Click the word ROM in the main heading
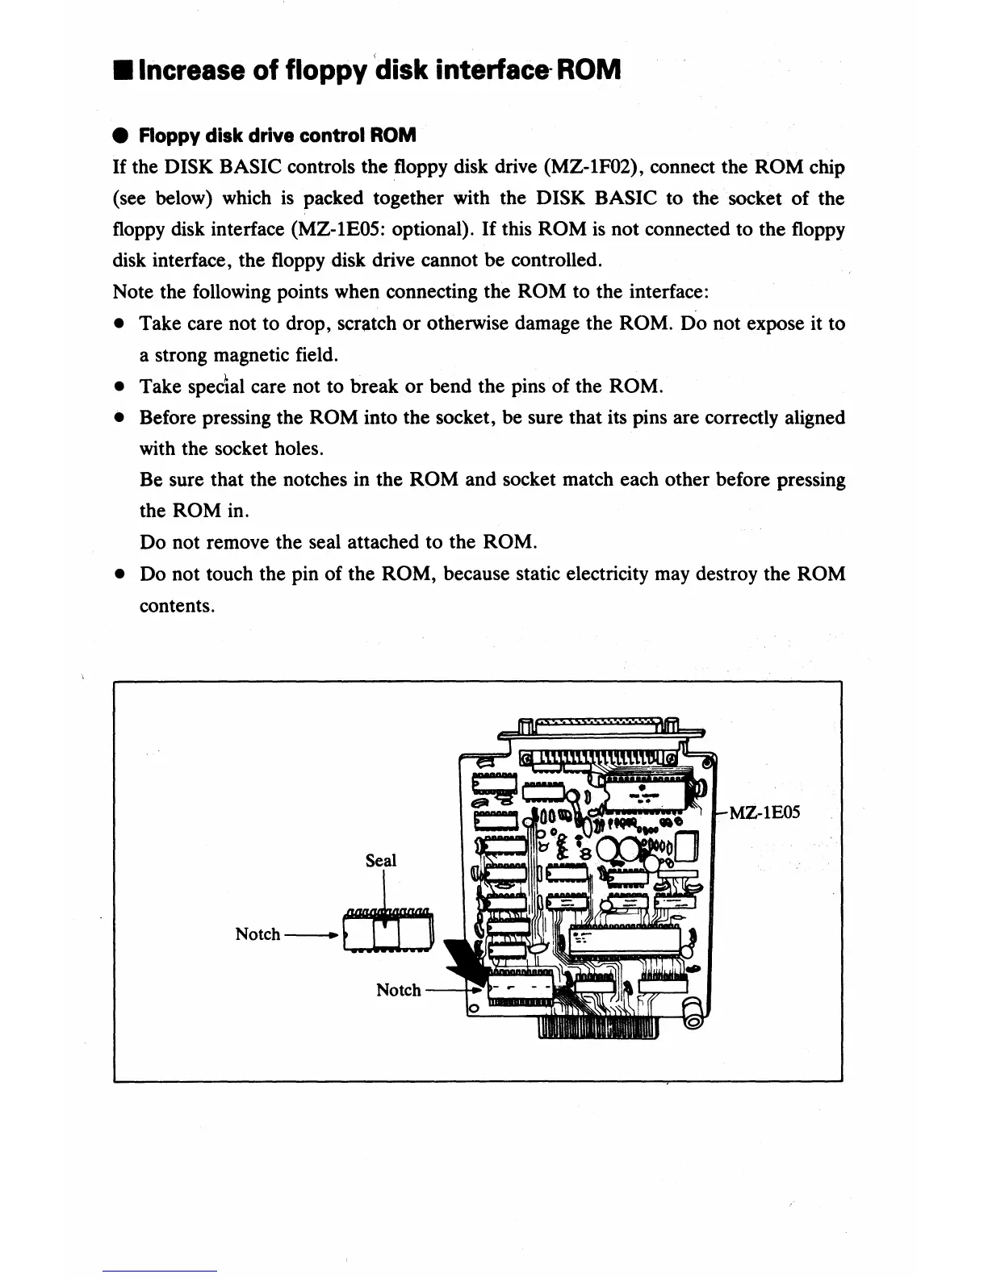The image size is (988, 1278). click(x=588, y=70)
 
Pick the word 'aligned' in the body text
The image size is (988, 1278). click(x=814, y=418)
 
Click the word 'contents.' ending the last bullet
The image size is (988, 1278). click(x=177, y=606)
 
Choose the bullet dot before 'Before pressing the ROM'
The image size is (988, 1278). click(x=119, y=418)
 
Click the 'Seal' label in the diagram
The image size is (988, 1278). click(x=381, y=860)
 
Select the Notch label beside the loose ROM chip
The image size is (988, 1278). click(x=257, y=934)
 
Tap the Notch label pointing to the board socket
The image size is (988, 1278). click(x=399, y=990)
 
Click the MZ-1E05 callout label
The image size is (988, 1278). click(x=764, y=812)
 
